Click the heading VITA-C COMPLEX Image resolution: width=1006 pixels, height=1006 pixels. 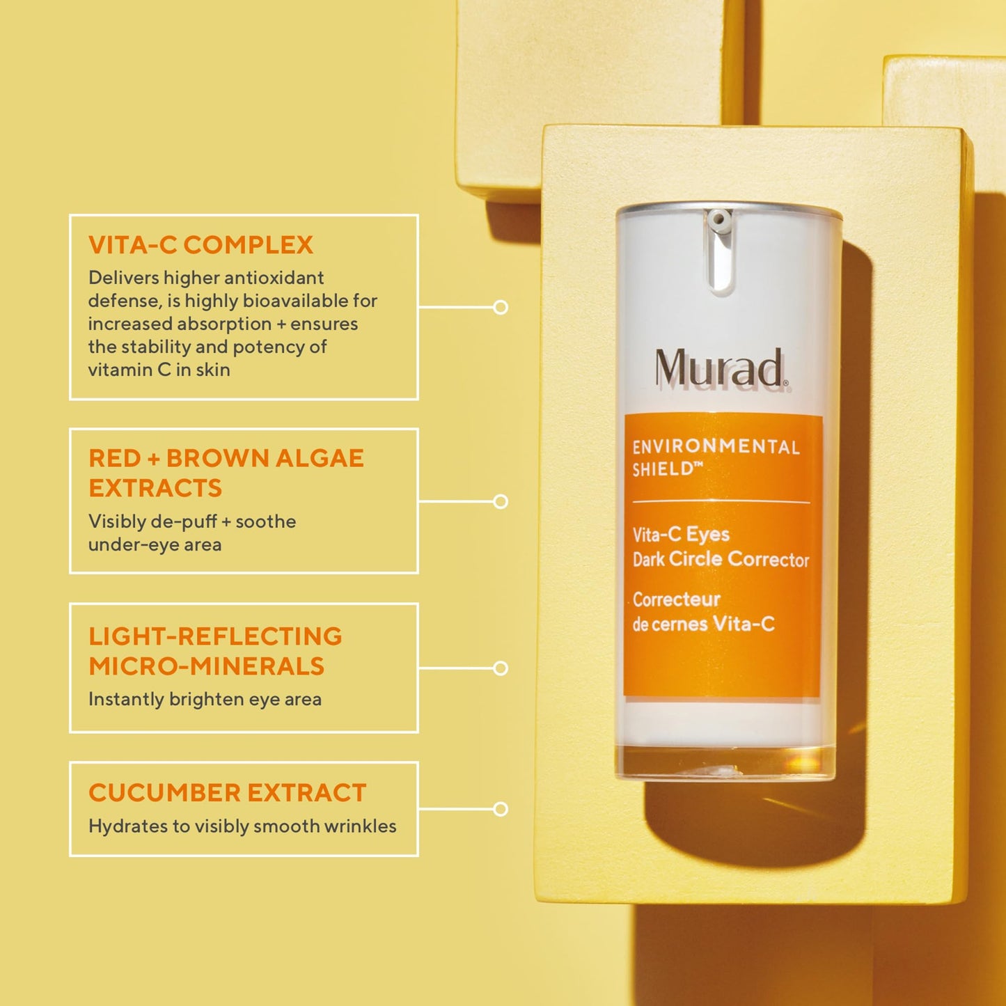pyautogui.click(x=201, y=245)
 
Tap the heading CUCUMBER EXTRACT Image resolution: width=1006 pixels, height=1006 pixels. pyautogui.click(x=227, y=793)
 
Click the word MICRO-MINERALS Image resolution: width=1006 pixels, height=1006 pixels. pyautogui.click(x=206, y=666)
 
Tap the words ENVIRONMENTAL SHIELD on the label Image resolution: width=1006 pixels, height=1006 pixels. pyautogui.click(x=716, y=457)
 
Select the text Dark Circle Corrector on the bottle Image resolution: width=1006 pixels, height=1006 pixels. pyautogui.click(x=721, y=560)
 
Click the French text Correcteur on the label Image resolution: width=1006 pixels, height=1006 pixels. pyautogui.click(x=676, y=599)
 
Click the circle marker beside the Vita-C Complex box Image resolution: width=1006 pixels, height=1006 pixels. pyautogui.click(x=501, y=307)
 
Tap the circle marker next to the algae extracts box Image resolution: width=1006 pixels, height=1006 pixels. pyautogui.click(x=501, y=501)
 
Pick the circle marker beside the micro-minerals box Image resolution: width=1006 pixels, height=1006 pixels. pyautogui.click(x=501, y=668)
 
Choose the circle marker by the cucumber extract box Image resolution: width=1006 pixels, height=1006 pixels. pyautogui.click(x=501, y=809)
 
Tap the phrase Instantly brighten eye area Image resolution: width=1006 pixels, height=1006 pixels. pyautogui.click(x=205, y=699)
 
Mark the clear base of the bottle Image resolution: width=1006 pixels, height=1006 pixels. pyautogui.click(x=725, y=762)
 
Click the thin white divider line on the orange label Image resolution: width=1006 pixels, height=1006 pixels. pyautogui.click(x=721, y=501)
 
